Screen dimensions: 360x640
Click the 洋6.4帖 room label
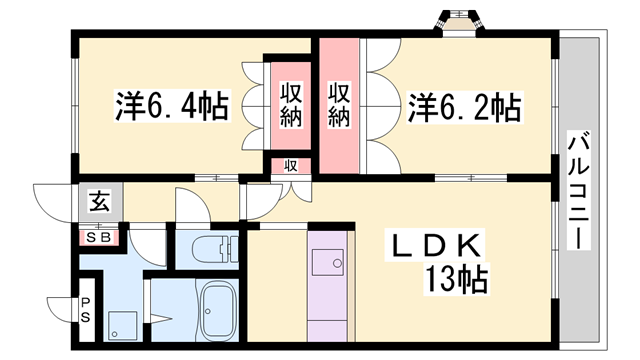tap(172, 104)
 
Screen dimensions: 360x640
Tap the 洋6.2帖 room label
tap(463, 104)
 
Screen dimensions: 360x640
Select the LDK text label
tap(437, 245)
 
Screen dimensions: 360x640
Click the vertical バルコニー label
tap(578, 190)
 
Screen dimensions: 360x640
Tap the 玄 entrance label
tap(100, 200)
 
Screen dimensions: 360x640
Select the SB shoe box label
tap(100, 238)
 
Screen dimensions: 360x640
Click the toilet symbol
tap(208, 249)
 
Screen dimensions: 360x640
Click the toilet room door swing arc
tap(192, 205)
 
